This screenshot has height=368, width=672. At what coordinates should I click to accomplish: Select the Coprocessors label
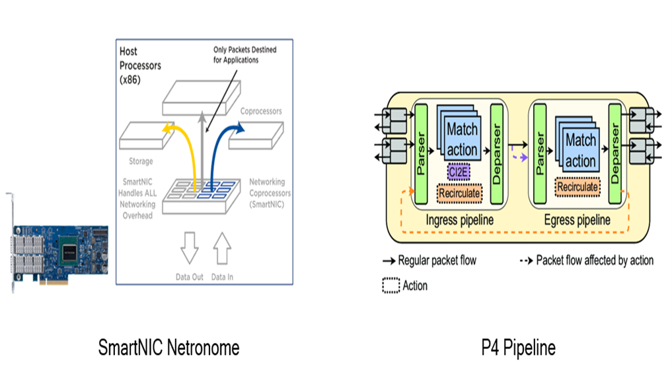pyautogui.click(x=260, y=112)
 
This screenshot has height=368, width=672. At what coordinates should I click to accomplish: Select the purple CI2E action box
pyautogui.click(x=458, y=173)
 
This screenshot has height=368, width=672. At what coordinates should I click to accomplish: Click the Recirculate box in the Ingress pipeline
pyautogui.click(x=461, y=192)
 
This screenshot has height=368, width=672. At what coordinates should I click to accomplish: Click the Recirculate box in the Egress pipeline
pyautogui.click(x=578, y=187)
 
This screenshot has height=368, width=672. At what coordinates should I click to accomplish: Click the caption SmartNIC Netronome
pyautogui.click(x=168, y=347)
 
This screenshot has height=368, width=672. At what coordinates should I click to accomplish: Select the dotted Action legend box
pyautogui.click(x=392, y=285)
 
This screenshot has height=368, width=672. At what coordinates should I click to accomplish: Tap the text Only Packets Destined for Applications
pyautogui.click(x=244, y=55)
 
